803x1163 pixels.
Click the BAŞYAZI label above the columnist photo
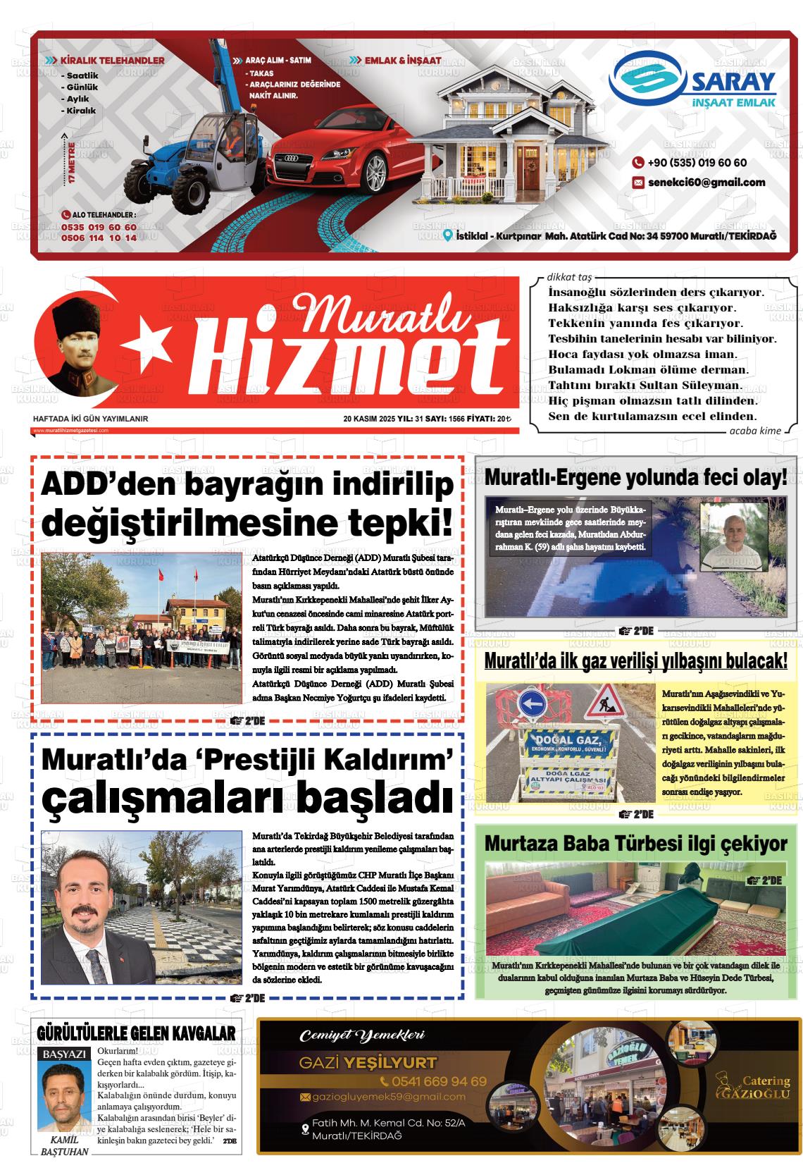pyautogui.click(x=65, y=1055)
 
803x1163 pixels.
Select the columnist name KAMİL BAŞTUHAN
pyautogui.click(x=65, y=1146)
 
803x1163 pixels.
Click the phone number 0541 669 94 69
pyautogui.click(x=432, y=1081)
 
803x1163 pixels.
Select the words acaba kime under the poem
pyautogui.click(x=754, y=431)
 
